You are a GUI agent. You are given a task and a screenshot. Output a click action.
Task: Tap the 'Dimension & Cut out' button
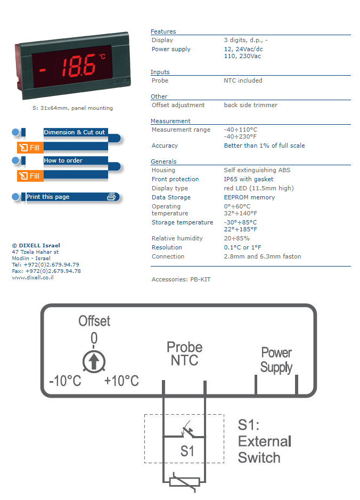[x=74, y=133]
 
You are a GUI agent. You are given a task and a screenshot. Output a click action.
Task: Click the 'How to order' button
[x=63, y=161]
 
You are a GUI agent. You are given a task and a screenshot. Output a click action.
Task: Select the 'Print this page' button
[x=48, y=197]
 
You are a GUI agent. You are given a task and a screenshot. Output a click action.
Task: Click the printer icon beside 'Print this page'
[x=111, y=197]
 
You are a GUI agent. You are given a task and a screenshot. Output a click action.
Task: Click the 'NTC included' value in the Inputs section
[x=243, y=81]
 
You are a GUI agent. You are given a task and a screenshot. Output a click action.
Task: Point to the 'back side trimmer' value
[x=250, y=106]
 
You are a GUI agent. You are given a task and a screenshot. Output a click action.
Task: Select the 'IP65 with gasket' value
[x=249, y=180]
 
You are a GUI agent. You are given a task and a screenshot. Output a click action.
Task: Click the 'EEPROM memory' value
[x=249, y=198]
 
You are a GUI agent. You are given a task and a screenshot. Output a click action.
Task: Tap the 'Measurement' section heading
[x=170, y=121]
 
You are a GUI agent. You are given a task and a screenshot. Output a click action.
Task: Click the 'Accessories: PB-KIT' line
[x=181, y=279]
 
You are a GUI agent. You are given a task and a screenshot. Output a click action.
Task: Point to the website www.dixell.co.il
[x=32, y=278]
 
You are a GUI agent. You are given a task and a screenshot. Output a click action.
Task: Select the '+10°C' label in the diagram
[x=121, y=381]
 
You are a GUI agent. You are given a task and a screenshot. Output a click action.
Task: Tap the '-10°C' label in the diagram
[x=64, y=381]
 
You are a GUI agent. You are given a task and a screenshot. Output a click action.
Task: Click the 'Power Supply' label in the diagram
[x=276, y=360]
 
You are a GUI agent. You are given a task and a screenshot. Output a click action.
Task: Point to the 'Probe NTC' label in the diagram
[x=184, y=353]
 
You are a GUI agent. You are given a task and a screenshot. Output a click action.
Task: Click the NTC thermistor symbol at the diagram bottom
[x=184, y=482]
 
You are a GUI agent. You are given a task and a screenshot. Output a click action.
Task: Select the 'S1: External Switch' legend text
[x=265, y=441]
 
